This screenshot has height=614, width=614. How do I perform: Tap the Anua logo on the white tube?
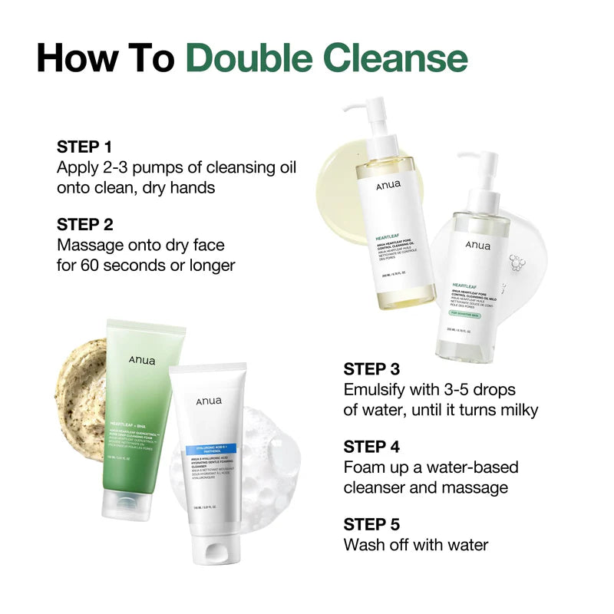[x=207, y=401]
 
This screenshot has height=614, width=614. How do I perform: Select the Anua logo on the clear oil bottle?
[x=478, y=245]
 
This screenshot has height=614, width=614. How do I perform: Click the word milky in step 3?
[x=513, y=410]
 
